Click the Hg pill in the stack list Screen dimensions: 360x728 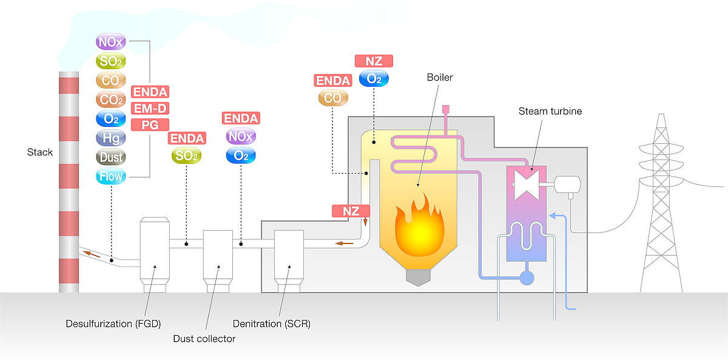pyautogui.click(x=110, y=138)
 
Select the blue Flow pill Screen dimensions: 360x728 pyautogui.click(x=110, y=177)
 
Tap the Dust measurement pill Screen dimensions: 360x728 pyautogui.click(x=110, y=157)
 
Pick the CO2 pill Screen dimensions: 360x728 pyautogui.click(x=110, y=99)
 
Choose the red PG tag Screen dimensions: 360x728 pyautogui.click(x=150, y=124)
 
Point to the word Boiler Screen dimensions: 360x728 pyautogui.click(x=439, y=77)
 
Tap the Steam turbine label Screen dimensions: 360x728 pyautogui.click(x=550, y=111)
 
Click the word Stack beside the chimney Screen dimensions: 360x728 pyautogui.click(x=40, y=152)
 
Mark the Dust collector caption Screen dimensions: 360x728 pyautogui.click(x=205, y=338)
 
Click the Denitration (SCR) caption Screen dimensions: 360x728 pyautogui.click(x=272, y=324)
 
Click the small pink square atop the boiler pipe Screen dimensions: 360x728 pyautogui.click(x=445, y=109)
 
